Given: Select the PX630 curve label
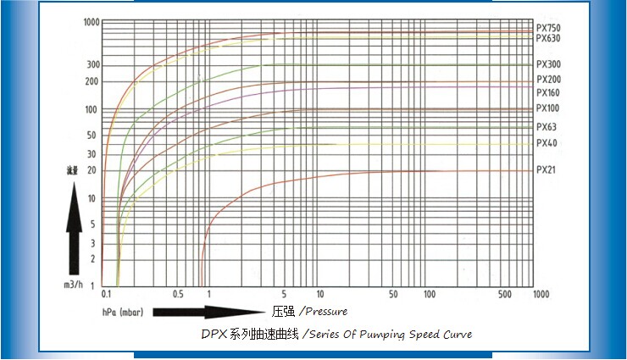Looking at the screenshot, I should click(x=548, y=38).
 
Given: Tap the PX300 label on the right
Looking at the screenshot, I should click(x=548, y=64).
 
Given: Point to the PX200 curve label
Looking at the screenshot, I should click(x=548, y=80).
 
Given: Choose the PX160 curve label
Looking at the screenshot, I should click(x=548, y=92).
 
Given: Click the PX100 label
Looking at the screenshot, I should click(x=548, y=108).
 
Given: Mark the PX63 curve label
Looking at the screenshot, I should click(x=547, y=127).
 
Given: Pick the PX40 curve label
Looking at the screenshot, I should click(x=547, y=142).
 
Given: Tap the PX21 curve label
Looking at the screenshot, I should click(x=547, y=170).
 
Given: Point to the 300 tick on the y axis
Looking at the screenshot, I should click(x=93, y=65).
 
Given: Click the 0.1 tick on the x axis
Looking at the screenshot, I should click(x=107, y=294).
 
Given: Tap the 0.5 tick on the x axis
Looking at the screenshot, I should click(x=178, y=294).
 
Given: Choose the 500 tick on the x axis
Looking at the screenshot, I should click(x=505, y=294).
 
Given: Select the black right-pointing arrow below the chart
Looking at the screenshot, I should click(x=208, y=312).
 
